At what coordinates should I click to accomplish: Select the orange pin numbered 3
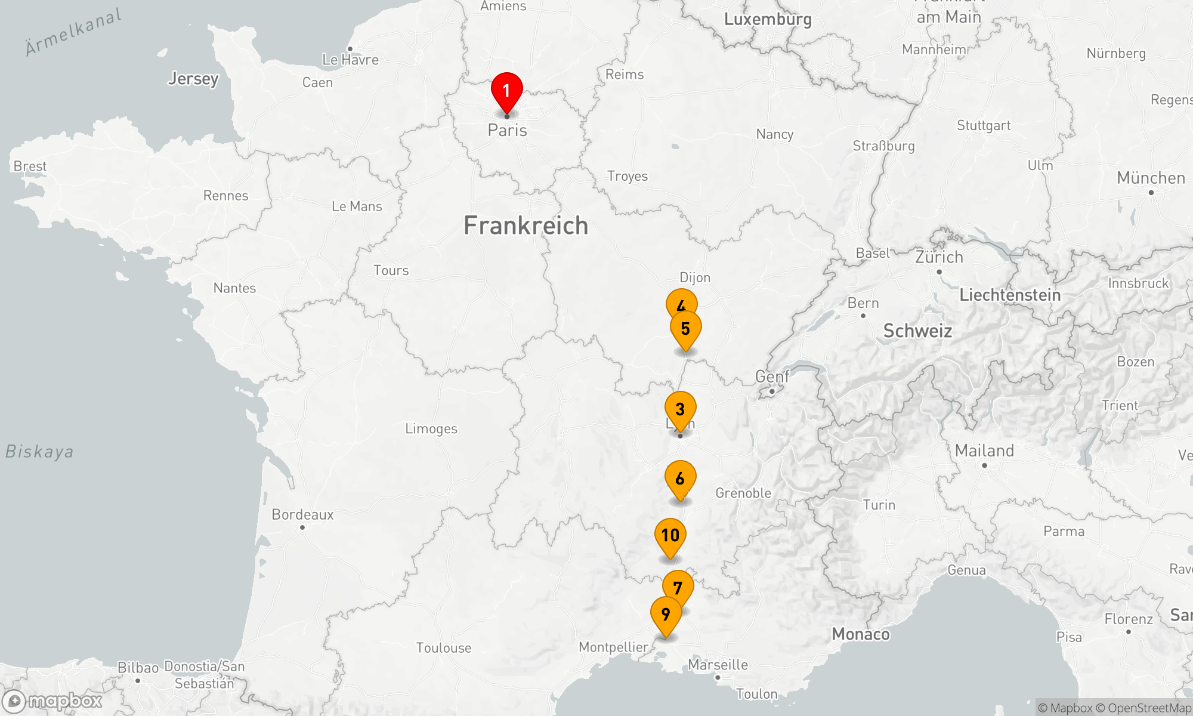680,410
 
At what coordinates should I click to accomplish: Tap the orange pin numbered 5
685,329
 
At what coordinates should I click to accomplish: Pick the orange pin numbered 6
680,479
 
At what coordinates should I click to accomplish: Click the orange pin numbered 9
666,615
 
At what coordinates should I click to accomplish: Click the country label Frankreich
526,226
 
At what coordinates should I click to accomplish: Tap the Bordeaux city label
302,514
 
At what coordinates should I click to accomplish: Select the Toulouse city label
444,648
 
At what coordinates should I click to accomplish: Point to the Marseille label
718,665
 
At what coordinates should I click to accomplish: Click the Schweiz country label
917,331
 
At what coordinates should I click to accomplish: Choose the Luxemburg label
768,20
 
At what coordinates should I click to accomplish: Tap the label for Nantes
234,288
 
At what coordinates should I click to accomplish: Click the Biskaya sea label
39,452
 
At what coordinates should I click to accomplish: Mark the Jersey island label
193,79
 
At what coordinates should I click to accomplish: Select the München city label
1151,178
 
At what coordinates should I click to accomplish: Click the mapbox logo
52,700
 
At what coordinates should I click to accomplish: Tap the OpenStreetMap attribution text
1149,708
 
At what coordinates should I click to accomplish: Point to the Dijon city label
695,277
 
